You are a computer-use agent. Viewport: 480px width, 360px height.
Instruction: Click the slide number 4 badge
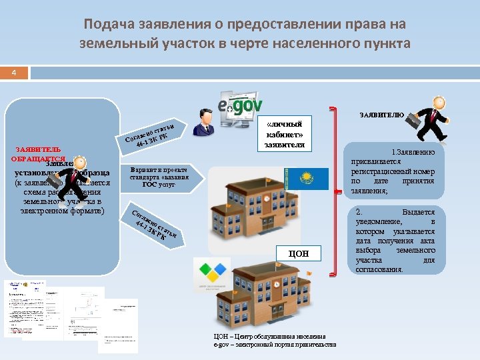[14, 72]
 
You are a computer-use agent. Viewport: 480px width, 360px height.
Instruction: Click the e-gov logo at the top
[240, 105]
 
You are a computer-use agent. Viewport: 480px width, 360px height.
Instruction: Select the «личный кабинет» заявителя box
[284, 134]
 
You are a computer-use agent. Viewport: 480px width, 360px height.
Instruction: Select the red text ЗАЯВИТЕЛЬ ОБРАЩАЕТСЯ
[38, 154]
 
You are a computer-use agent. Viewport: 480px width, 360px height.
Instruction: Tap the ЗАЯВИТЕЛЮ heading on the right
[381, 115]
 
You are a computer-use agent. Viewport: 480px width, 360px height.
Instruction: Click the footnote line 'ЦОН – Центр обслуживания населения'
[269, 337]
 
